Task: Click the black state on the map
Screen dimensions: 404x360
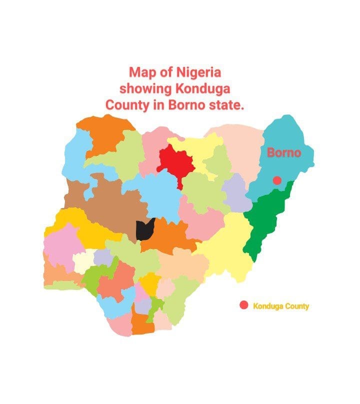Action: (144, 229)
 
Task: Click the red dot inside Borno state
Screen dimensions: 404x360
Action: (276, 180)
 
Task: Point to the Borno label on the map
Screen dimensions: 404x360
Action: (284, 152)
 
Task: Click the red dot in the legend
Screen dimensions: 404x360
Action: (244, 305)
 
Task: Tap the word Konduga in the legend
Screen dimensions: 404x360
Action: (268, 306)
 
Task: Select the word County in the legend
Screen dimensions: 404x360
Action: (297, 306)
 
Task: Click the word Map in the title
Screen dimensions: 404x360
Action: (139, 72)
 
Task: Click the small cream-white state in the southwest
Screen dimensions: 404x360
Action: (82, 261)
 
